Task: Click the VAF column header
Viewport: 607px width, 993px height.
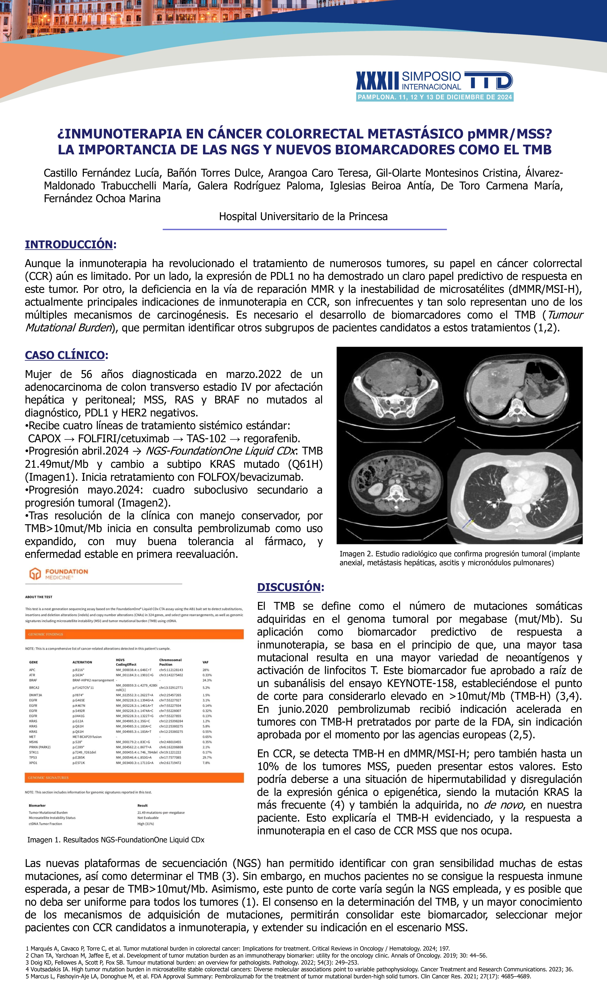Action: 205,662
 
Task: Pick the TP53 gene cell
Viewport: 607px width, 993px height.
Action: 33,757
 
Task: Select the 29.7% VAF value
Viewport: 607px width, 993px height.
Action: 207,757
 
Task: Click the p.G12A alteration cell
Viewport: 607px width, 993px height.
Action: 78,721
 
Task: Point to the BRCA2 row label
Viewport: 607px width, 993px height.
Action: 34,688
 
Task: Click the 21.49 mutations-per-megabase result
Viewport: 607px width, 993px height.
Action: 161,812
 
